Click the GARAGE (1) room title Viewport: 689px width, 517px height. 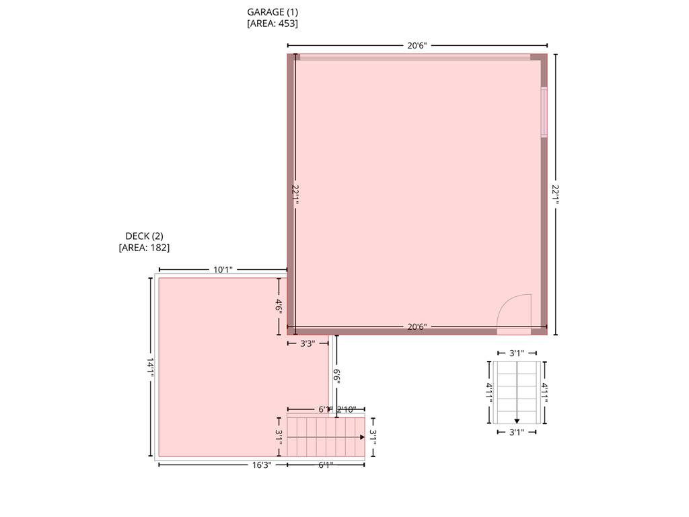pyautogui.click(x=273, y=11)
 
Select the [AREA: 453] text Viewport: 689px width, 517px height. pyautogui.click(x=273, y=23)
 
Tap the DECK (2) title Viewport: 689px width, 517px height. pyautogui.click(x=144, y=236)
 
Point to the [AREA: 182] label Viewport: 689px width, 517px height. pyautogui.click(x=144, y=247)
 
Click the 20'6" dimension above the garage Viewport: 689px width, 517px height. pyautogui.click(x=417, y=46)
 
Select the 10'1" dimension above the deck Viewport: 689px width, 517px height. pyautogui.click(x=223, y=270)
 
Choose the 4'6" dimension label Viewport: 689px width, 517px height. pyautogui.click(x=279, y=306)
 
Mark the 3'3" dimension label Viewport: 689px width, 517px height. pyautogui.click(x=307, y=343)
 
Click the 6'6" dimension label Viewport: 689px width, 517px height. pyautogui.click(x=336, y=378)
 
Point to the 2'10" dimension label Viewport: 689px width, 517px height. pyautogui.click(x=351, y=409)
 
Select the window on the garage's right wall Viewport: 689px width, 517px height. pyautogui.click(x=544, y=112)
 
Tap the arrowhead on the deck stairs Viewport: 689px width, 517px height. pyautogui.click(x=362, y=438)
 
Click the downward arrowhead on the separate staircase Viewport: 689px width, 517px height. pyautogui.click(x=517, y=421)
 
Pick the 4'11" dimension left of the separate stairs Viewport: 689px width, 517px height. pyautogui.click(x=490, y=392)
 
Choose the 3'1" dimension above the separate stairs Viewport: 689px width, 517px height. pyautogui.click(x=516, y=353)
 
